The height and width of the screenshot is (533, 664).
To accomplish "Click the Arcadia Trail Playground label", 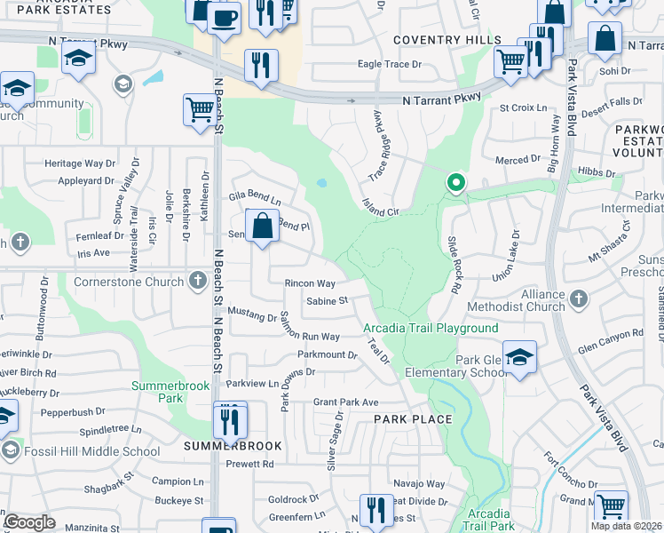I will [431, 329].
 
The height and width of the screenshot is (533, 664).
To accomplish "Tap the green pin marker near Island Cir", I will [456, 184].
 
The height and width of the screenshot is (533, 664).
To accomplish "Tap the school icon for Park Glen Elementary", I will [519, 358].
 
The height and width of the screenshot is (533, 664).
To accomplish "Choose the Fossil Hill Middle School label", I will [91, 451].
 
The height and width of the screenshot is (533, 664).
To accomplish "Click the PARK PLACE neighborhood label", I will [413, 419].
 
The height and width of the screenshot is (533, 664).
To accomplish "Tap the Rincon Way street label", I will [310, 284].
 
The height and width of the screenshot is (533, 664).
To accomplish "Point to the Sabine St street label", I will [327, 302].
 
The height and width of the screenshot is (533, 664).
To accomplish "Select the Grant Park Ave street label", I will [345, 402].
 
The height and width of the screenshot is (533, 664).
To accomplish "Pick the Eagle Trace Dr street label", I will [395, 64].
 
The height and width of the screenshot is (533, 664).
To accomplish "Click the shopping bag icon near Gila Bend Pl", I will [263, 226].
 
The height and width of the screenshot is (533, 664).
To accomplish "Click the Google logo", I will [28, 522].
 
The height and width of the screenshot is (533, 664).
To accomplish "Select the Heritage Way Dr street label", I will [81, 163].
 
